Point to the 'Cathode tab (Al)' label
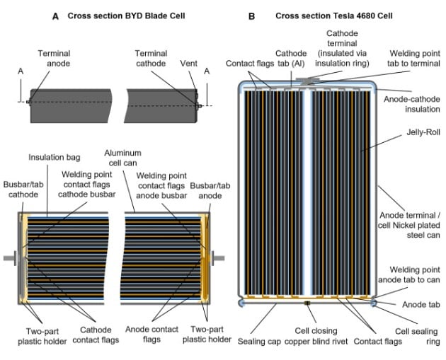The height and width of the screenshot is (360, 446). (291, 57)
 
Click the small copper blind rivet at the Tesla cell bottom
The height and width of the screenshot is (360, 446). (307, 303)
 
